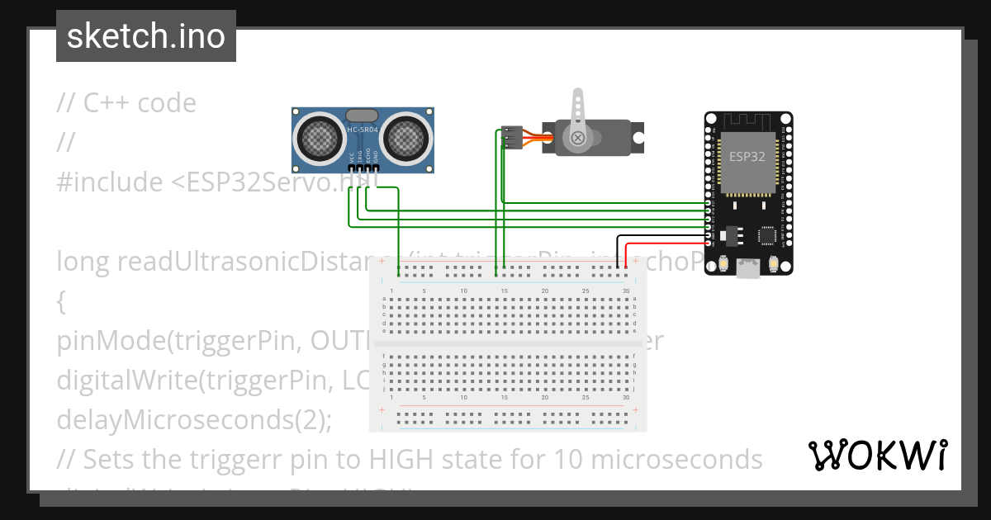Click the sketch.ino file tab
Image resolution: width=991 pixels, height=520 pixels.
(145, 36)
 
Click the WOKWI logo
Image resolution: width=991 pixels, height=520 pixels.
(877, 455)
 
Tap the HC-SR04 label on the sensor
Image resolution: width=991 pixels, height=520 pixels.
(363, 130)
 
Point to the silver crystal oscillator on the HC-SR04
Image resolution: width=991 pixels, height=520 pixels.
(363, 116)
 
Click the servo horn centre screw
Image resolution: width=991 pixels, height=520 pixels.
(579, 137)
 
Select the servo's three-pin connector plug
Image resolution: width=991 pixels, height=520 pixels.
(513, 137)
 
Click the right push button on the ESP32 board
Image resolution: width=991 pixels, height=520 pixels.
(775, 264)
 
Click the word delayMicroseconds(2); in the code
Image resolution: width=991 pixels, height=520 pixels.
(194, 419)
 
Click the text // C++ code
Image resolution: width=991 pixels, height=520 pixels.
(126, 103)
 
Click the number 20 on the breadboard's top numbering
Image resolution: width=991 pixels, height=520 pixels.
(544, 291)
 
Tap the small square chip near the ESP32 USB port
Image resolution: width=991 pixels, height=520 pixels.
(768, 237)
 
